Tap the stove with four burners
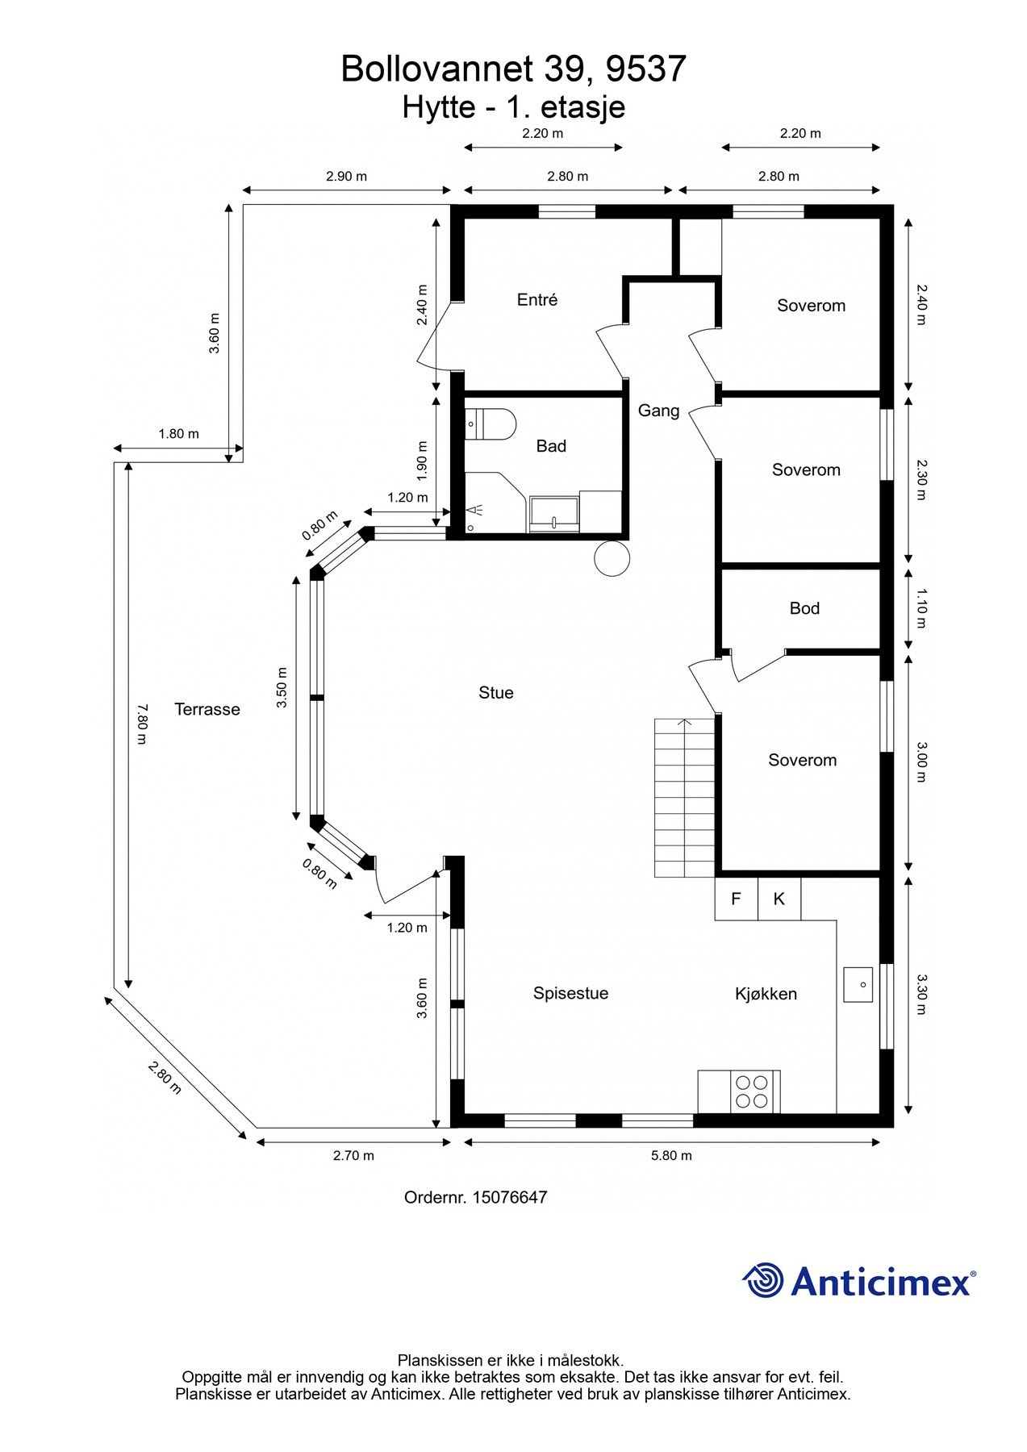tap(753, 1091)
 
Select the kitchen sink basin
tap(858, 984)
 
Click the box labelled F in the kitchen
tap(736, 899)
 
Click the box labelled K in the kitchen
tap(779, 899)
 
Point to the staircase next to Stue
tap(684, 797)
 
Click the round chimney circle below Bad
tap(612, 558)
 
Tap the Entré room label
tap(537, 300)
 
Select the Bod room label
tap(804, 609)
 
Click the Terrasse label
tap(207, 710)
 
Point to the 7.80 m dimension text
tap(141, 724)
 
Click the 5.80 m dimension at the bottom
tap(671, 1155)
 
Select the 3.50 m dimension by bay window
tap(282, 687)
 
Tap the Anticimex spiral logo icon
tap(762, 1280)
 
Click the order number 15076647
tap(509, 1197)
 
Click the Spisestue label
tap(570, 994)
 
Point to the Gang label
tap(658, 411)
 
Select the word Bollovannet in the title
tap(437, 69)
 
